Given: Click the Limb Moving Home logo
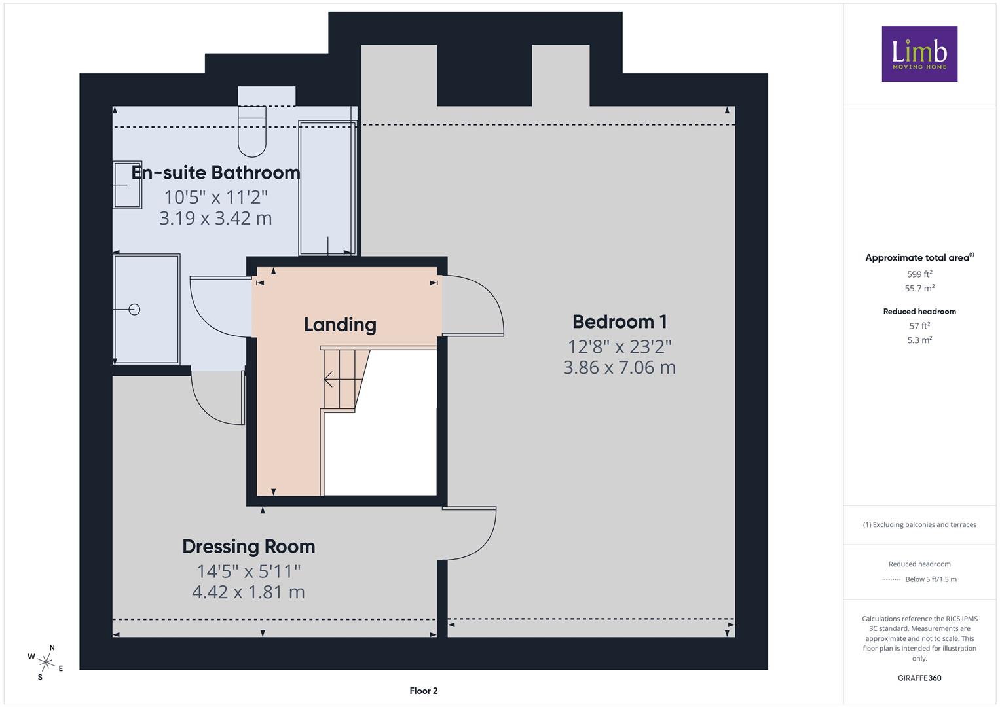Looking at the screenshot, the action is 919,54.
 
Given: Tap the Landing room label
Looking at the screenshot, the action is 340,325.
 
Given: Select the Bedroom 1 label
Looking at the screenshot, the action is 620,321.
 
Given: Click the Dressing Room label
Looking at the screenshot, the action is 249,547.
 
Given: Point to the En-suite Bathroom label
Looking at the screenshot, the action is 215,172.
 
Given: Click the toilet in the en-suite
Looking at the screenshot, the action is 252,131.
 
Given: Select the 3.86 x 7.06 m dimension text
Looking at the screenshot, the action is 620,367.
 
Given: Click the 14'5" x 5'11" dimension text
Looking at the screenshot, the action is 249,571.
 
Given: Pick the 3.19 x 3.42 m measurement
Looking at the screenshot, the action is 215,218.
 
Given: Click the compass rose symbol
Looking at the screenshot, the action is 46,662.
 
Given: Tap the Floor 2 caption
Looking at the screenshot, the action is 424,691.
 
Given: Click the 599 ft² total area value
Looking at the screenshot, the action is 919,274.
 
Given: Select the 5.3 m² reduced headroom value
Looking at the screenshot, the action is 919,340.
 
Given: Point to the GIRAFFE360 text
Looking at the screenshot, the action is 919,678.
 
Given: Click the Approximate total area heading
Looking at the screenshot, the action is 919,257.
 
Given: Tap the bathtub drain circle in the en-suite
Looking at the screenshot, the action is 134,309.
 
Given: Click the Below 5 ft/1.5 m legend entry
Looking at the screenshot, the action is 931,579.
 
